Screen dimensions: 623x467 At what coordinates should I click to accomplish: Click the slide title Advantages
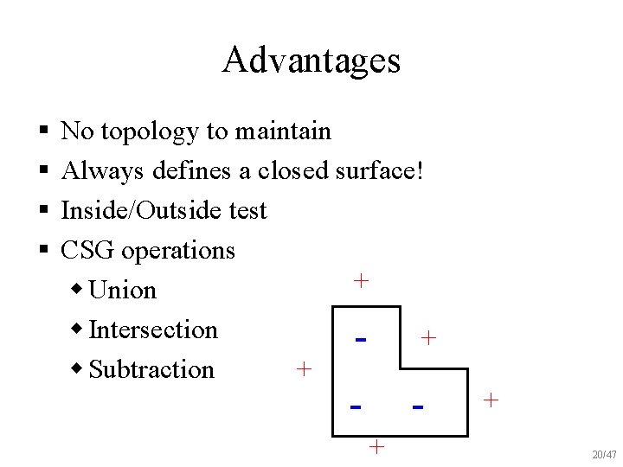click(311, 61)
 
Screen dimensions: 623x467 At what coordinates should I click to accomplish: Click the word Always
click(103, 171)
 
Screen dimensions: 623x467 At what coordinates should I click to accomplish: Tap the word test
click(244, 210)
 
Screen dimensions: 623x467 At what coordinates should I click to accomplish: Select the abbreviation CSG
click(88, 250)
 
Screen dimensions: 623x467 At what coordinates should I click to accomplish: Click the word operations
click(178, 251)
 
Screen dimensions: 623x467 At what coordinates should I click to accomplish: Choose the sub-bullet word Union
click(123, 290)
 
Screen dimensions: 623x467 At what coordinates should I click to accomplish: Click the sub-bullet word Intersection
click(153, 329)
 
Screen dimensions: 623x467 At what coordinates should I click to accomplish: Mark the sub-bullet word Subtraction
click(151, 369)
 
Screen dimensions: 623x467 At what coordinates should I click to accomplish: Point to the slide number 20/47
click(604, 455)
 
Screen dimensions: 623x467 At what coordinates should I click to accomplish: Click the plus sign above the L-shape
click(361, 280)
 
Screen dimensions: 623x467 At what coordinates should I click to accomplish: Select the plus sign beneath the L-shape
click(376, 446)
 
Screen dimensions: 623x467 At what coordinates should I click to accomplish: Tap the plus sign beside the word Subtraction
click(303, 369)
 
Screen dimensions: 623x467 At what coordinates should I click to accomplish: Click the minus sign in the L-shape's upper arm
click(361, 339)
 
